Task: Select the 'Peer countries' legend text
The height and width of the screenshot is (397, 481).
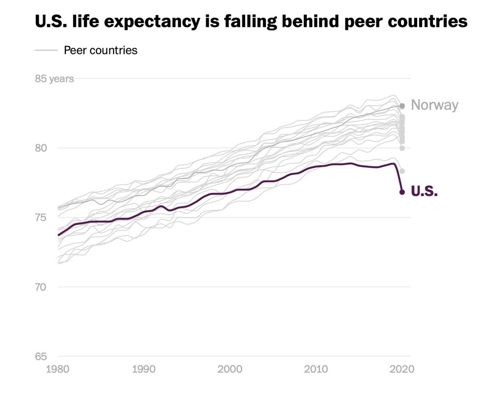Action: pos(101,50)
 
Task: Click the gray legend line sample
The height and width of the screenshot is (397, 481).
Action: pos(46,50)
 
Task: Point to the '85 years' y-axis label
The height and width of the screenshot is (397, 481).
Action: pos(54,79)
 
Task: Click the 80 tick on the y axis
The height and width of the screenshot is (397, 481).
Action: pos(41,148)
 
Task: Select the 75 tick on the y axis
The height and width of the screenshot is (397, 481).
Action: pos(41,218)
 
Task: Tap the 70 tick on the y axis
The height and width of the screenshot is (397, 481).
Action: pos(41,287)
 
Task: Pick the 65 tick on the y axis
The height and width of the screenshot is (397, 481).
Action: pos(41,357)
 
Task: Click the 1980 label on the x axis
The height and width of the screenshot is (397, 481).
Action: pos(58,369)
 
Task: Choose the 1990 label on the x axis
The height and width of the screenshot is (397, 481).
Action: pos(144,369)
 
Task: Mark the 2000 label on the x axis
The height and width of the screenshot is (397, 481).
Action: pos(230,369)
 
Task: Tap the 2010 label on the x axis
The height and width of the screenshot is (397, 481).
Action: pos(316,369)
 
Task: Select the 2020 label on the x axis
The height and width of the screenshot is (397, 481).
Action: pos(402,369)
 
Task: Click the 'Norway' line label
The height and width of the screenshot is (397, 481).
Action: pos(434,105)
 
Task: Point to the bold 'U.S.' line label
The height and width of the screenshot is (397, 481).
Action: pos(424,192)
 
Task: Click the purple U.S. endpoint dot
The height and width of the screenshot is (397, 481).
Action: pos(402,192)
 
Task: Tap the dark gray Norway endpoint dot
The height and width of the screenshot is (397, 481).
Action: pos(402,106)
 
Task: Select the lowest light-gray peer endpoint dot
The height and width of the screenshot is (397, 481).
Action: pos(402,171)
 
